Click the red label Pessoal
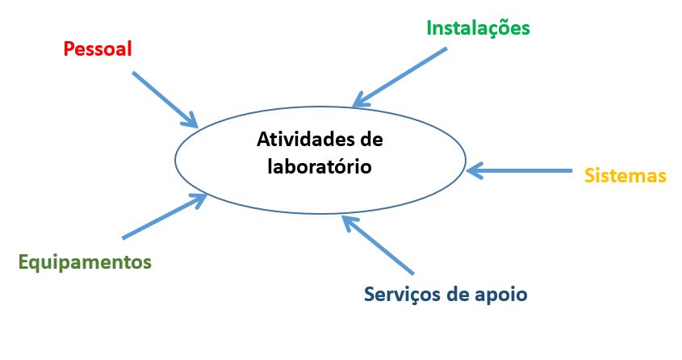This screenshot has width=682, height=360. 98,48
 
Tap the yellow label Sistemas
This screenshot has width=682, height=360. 625,176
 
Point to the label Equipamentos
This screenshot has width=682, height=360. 85,262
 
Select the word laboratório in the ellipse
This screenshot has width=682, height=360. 320,166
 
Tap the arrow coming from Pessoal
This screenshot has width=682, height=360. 165,99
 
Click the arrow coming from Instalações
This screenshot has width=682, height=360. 400,77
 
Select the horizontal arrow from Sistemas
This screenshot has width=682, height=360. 519,171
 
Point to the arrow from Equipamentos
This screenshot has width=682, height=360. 165,216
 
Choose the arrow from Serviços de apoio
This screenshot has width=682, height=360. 378,245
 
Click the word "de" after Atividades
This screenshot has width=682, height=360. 371,139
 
